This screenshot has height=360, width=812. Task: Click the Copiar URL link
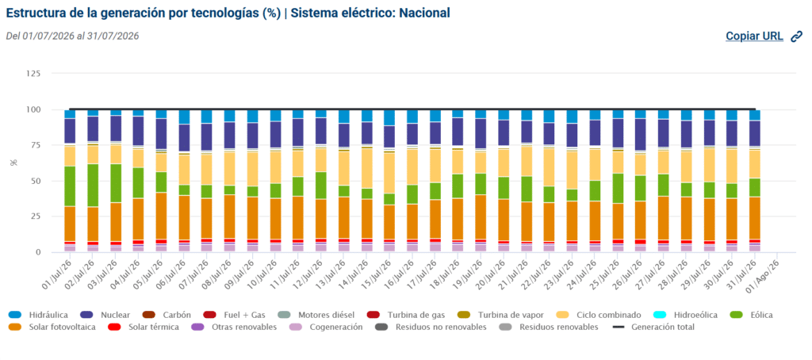point(754,36)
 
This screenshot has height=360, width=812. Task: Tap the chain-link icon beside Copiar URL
point(796,36)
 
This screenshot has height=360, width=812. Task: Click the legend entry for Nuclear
point(105,315)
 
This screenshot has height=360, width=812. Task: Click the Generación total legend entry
point(653,327)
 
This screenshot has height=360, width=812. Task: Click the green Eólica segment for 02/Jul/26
point(94,186)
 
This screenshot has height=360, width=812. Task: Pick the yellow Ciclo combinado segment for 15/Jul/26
point(389,173)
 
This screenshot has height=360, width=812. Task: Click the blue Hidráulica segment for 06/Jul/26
point(184,117)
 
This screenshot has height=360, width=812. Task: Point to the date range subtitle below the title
point(72,36)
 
